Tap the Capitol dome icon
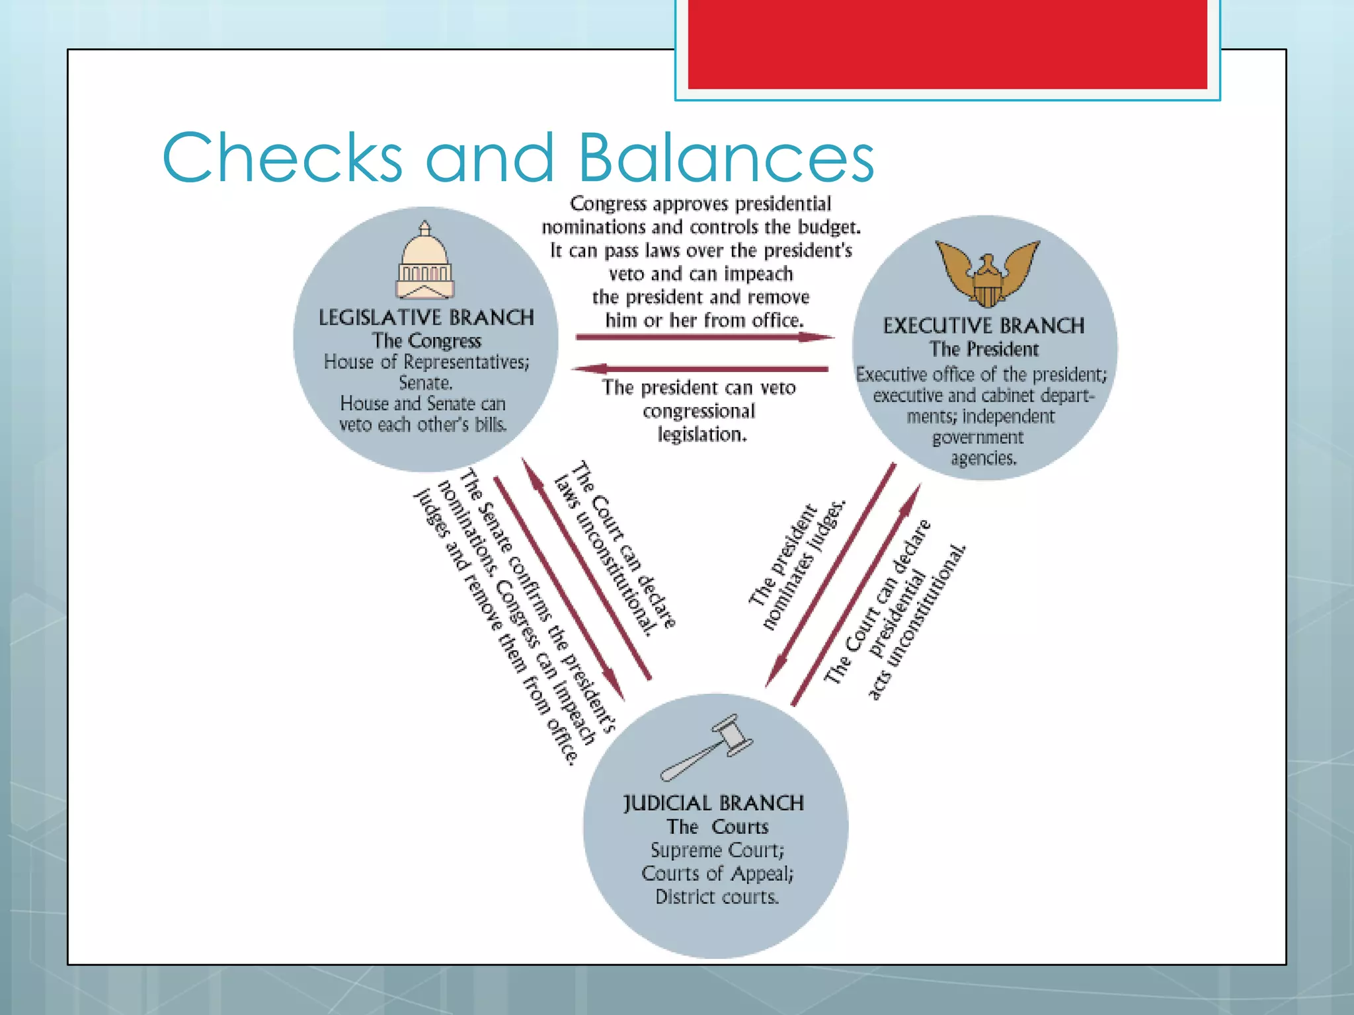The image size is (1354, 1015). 425,262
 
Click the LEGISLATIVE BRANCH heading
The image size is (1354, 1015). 426,318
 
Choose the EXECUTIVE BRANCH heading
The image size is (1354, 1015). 984,326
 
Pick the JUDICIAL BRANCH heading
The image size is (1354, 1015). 714,803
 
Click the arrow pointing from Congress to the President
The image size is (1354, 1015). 704,338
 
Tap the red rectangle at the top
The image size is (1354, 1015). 947,44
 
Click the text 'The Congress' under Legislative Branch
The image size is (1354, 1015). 426,341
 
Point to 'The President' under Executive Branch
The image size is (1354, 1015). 984,349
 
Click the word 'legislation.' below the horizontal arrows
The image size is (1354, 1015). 702,434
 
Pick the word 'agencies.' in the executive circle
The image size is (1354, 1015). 984,458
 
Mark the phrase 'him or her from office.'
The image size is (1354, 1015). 705,320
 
